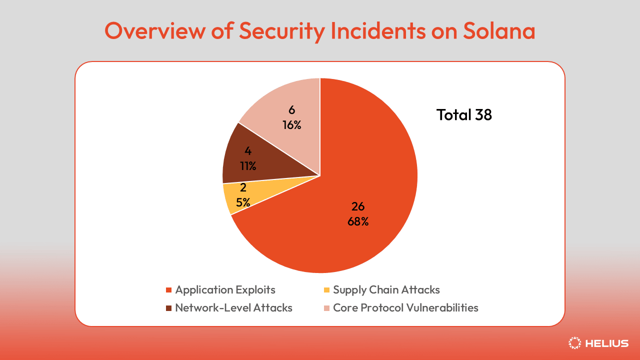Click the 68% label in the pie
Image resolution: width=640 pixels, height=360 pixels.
tap(358, 221)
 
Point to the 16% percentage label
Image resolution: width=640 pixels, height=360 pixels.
tap(291, 125)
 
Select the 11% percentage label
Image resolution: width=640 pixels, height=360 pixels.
tap(248, 166)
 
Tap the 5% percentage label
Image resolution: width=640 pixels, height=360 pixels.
tap(243, 202)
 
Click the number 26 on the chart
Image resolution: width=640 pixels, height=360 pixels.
tap(358, 206)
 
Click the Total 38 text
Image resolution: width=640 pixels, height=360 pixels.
tap(464, 115)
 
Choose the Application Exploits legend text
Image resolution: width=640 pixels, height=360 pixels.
tap(225, 289)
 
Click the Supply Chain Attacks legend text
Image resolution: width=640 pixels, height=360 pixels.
tap(386, 289)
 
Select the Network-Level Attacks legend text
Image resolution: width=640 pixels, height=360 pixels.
tap(233, 307)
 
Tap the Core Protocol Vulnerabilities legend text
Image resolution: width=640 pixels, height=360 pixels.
tap(405, 307)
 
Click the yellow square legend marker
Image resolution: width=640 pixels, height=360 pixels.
tap(327, 290)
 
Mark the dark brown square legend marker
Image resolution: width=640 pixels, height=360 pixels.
tap(169, 308)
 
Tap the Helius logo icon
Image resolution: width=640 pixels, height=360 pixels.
tap(575, 343)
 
